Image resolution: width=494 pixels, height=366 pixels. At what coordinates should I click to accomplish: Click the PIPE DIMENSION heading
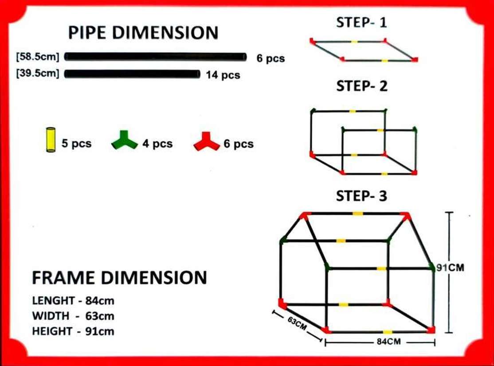[143, 33]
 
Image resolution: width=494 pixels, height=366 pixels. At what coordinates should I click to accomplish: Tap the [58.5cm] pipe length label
[38, 57]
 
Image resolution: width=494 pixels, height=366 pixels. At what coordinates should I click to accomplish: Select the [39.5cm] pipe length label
[38, 73]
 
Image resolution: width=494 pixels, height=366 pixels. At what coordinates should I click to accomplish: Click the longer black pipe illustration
[155, 57]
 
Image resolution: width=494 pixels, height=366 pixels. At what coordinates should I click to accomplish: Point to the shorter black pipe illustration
[132, 74]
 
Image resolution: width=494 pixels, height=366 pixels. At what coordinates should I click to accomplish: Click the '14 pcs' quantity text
[223, 75]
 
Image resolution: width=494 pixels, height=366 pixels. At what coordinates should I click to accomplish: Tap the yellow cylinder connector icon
[51, 140]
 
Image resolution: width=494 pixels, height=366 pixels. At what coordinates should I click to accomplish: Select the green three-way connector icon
[125, 140]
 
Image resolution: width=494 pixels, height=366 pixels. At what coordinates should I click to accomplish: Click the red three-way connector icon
[206, 142]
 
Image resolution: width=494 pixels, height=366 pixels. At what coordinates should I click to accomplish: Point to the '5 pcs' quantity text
[77, 144]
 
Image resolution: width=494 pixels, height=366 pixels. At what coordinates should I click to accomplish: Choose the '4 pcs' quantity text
[157, 144]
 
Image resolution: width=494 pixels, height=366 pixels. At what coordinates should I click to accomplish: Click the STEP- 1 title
[361, 23]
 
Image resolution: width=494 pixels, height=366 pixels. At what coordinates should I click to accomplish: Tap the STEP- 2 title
[362, 86]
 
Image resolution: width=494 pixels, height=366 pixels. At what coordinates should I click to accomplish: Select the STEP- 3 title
[361, 196]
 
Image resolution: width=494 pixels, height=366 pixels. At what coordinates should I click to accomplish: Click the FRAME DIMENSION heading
[119, 278]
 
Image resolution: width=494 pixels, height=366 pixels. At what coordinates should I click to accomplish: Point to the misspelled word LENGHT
[53, 300]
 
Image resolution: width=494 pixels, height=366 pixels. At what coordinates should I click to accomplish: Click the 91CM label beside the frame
[450, 268]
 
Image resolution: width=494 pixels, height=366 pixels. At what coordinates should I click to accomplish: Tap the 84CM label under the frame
[389, 342]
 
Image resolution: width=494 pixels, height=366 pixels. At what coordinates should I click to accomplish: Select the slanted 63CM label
[297, 323]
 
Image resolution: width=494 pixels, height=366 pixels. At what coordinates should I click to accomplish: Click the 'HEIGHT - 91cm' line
[73, 331]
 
